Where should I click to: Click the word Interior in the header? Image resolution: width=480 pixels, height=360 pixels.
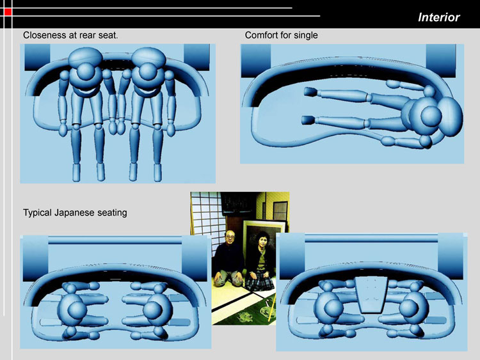point(438,17)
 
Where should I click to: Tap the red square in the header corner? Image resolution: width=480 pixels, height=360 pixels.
point(8,12)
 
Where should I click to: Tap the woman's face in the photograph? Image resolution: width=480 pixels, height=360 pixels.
point(261,240)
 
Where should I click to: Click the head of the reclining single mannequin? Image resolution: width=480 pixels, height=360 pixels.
point(431,116)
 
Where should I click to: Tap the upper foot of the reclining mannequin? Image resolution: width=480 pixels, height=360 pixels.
point(310,91)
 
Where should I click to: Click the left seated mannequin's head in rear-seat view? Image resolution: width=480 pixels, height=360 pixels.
point(85,73)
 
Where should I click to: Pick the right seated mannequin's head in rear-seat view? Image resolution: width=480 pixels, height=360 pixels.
point(148,73)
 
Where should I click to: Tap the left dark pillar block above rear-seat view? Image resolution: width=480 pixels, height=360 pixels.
point(37,57)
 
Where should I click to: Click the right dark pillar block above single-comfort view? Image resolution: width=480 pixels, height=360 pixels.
point(441,61)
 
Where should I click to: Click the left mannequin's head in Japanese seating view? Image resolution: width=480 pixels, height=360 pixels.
point(77,310)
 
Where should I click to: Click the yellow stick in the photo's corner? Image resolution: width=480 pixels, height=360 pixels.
point(272,307)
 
